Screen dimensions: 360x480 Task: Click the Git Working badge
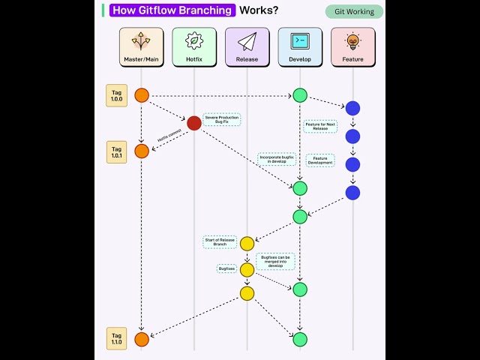tap(354, 11)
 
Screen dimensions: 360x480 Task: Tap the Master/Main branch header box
tap(142, 46)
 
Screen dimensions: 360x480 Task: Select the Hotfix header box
tap(194, 46)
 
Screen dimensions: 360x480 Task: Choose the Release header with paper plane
tap(247, 46)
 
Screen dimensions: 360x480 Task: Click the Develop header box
tap(300, 46)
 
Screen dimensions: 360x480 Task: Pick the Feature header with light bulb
tap(352, 46)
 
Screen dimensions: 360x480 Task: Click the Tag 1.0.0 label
tap(116, 95)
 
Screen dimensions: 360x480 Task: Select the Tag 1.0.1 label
tap(116, 151)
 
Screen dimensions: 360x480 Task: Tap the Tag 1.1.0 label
tap(116, 339)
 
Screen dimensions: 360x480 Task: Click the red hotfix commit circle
tap(194, 123)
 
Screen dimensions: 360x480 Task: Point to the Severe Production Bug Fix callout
tap(221, 119)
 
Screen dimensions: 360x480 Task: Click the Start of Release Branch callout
tap(220, 242)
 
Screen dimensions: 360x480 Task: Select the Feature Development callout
tap(320, 160)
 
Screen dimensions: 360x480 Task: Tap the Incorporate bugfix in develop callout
tap(277, 160)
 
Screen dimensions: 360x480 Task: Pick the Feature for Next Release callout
tap(320, 126)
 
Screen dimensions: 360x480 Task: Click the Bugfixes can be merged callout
tap(275, 260)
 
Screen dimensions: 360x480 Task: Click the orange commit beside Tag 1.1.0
tap(142, 339)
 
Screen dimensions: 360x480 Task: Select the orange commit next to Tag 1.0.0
tap(142, 95)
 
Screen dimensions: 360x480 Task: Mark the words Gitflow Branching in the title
tap(173, 10)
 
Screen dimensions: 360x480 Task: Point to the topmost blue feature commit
tap(352, 109)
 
